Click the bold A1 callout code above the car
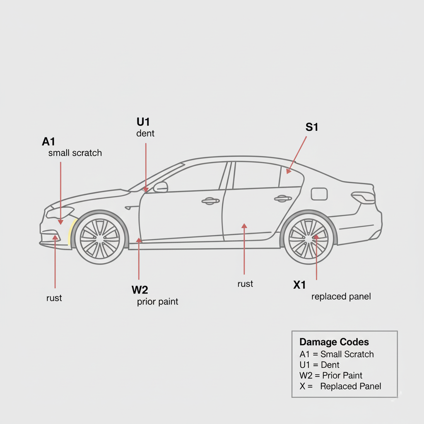click(48, 142)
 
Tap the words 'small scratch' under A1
click(75, 153)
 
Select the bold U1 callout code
click(143, 122)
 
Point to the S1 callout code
click(312, 128)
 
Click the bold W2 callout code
click(140, 289)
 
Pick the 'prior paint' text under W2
click(157, 301)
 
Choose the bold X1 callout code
click(299, 285)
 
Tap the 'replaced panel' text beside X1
click(341, 296)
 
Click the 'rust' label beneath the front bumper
click(54, 298)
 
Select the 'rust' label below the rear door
click(245, 284)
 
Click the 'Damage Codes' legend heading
click(334, 342)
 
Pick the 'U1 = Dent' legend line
click(319, 365)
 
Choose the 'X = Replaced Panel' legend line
click(340, 386)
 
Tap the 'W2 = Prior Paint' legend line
click(330, 376)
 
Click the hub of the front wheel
click(100, 238)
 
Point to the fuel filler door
click(319, 194)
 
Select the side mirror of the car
click(161, 187)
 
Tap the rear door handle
click(283, 199)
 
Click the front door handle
click(210, 201)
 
